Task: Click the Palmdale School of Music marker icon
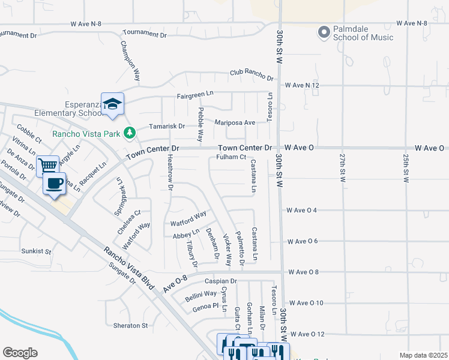325,32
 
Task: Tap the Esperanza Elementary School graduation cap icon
112,104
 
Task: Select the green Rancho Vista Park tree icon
129,133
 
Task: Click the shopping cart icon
47,165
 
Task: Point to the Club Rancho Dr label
251,76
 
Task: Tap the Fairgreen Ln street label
195,95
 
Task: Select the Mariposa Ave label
235,122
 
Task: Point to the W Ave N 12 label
302,86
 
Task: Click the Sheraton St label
130,326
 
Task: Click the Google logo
20,353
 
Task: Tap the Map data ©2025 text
423,355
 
